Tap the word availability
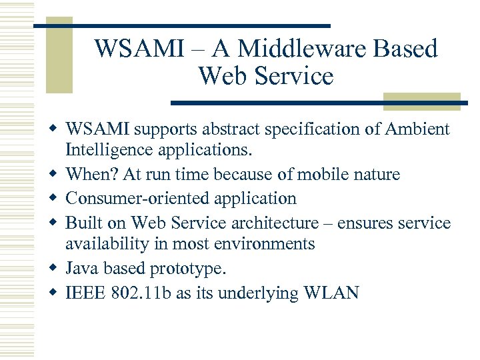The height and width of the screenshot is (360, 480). tap(106, 244)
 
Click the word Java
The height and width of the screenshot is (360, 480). tap(81, 268)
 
